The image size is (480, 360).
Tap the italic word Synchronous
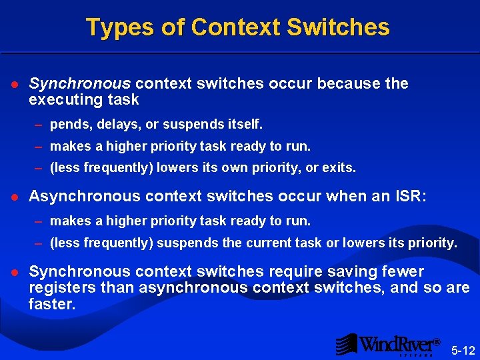click(x=80, y=84)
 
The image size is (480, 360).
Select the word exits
click(x=339, y=168)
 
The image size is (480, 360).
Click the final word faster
click(x=52, y=304)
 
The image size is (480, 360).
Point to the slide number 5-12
click(x=463, y=350)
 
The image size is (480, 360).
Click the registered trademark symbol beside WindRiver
click(x=437, y=342)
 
